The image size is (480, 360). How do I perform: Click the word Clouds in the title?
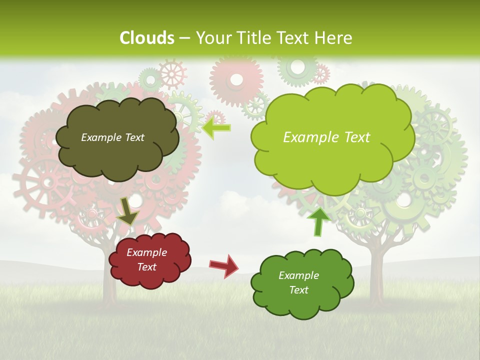147,38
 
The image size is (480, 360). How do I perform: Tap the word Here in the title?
334,38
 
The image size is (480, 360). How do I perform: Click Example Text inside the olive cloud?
112,137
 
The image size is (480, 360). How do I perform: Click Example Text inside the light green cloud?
326,137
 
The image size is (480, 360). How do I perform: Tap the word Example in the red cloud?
146,252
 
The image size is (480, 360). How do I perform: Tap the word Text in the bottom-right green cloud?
298,290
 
